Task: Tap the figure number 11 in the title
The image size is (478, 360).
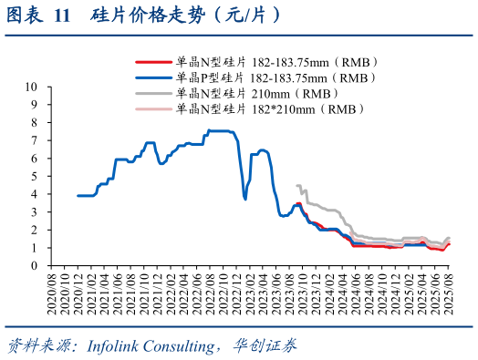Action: tap(61, 16)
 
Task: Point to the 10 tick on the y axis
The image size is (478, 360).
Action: tap(29, 87)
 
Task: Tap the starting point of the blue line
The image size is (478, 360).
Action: tap(78, 195)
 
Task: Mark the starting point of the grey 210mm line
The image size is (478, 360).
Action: tap(297, 185)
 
